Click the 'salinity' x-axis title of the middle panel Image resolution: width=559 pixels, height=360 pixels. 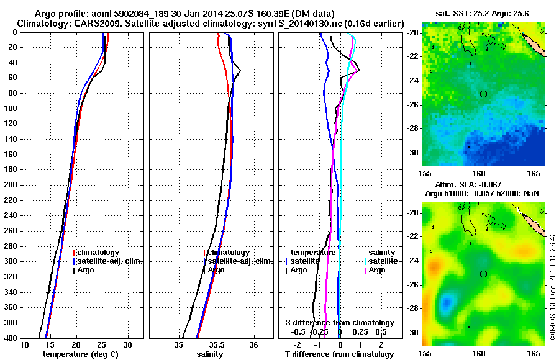pyautogui.click(x=211, y=354)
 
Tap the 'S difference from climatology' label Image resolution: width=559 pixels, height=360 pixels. pyautogui.click(x=339, y=323)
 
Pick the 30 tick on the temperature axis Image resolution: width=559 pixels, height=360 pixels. pyautogui.click(x=128, y=344)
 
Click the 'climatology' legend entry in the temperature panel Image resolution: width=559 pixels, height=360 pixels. pyautogui.click(x=99, y=253)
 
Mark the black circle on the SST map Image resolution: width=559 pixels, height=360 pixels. pyautogui.click(x=483, y=94)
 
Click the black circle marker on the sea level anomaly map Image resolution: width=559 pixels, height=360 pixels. pyautogui.click(x=483, y=274)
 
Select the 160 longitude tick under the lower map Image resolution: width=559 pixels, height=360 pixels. pyautogui.click(x=479, y=353)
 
